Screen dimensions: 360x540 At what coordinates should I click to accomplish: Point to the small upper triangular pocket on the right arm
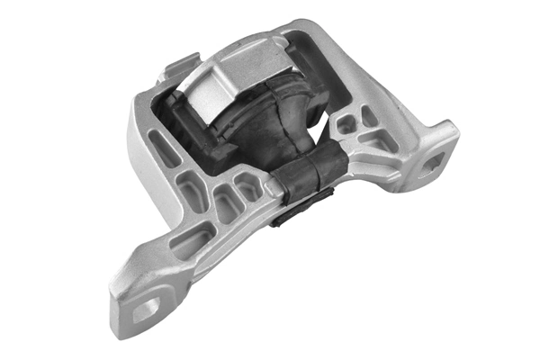369,114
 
